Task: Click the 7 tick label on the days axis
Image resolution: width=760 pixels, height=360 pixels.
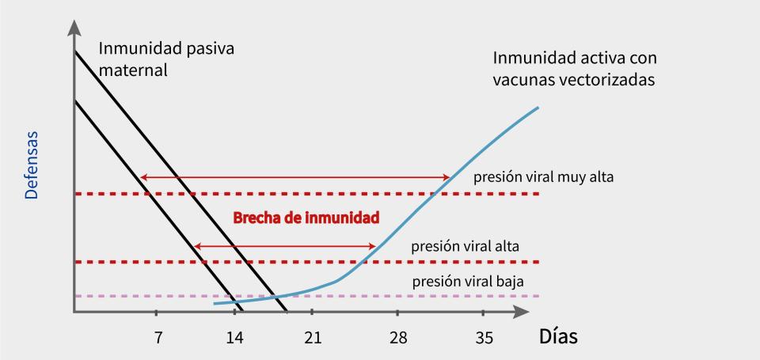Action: [x=158, y=338]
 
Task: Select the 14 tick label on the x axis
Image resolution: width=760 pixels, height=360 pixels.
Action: [x=234, y=338]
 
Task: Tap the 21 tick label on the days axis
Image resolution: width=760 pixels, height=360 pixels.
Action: [x=313, y=338]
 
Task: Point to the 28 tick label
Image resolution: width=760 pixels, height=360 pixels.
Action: [x=398, y=338]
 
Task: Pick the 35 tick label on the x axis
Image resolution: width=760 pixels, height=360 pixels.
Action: [x=484, y=338]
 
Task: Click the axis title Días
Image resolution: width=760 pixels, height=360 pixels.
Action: [x=558, y=336]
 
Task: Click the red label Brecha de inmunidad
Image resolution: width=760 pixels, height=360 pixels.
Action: [x=306, y=217]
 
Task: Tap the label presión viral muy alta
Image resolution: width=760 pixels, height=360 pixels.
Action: [x=544, y=176]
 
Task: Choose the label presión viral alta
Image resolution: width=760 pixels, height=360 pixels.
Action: [x=465, y=245]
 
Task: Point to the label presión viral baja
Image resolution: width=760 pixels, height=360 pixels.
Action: [x=467, y=281]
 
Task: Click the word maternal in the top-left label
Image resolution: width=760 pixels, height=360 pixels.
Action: [x=134, y=70]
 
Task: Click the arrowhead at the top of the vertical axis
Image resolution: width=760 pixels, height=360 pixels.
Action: [x=74, y=26]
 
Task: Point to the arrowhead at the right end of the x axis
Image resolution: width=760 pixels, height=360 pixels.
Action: [x=522, y=312]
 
